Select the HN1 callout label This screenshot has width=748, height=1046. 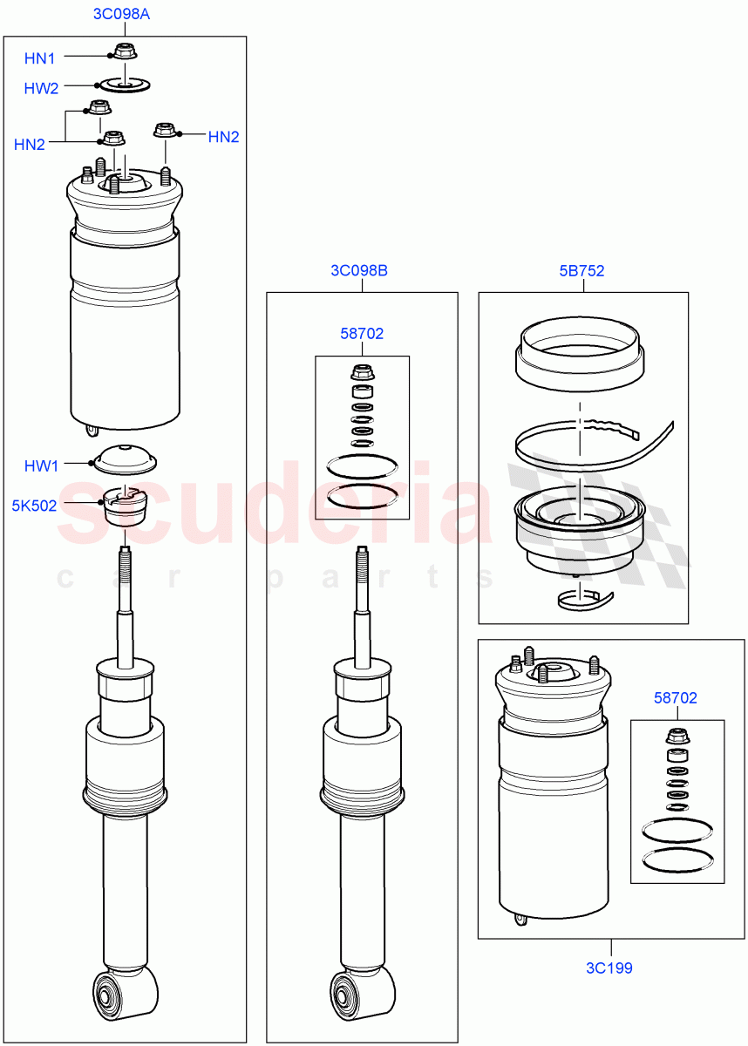(x=39, y=58)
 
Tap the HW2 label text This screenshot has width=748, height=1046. (x=41, y=87)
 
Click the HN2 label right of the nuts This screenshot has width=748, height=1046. (x=223, y=137)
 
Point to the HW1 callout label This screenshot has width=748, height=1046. (x=41, y=466)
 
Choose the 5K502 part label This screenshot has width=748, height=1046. (x=34, y=505)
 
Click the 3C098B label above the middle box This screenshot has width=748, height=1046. (x=359, y=270)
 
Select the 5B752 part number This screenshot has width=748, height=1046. (x=581, y=271)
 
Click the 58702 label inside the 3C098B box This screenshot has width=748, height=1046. (x=362, y=333)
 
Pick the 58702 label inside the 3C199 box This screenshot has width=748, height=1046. (x=676, y=698)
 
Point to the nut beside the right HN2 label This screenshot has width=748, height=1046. (x=165, y=131)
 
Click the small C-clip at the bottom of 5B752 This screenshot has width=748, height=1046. (x=582, y=597)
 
